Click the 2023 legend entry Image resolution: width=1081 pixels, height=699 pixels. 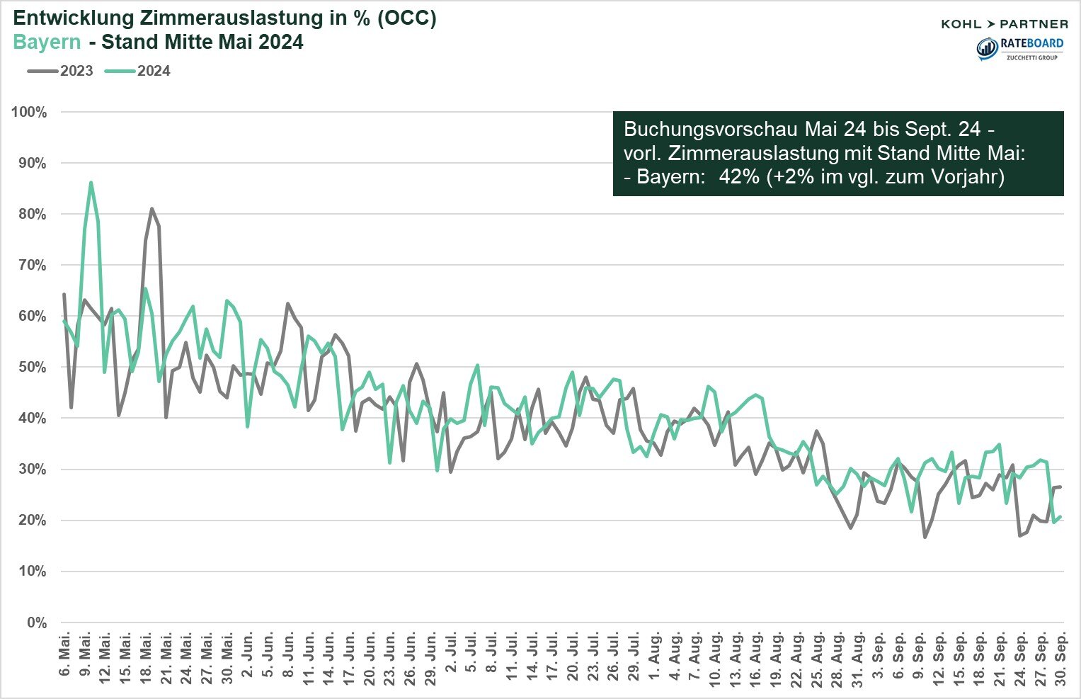pos(61,71)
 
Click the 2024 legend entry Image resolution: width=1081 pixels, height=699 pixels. pos(138,71)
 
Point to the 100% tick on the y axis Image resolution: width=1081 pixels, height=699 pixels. pos(29,113)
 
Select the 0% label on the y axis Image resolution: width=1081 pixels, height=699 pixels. pos(36,623)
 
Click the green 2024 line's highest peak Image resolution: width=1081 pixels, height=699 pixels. pos(91,183)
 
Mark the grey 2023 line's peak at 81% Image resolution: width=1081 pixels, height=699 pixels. pos(151,209)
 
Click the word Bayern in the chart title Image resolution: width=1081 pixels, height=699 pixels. pos(47,42)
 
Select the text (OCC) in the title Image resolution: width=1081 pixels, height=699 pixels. pos(406,19)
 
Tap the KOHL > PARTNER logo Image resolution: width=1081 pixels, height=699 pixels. pos(1004,24)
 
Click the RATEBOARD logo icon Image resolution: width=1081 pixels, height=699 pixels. pos(987,48)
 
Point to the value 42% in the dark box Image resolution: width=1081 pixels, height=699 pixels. pos(739,176)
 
